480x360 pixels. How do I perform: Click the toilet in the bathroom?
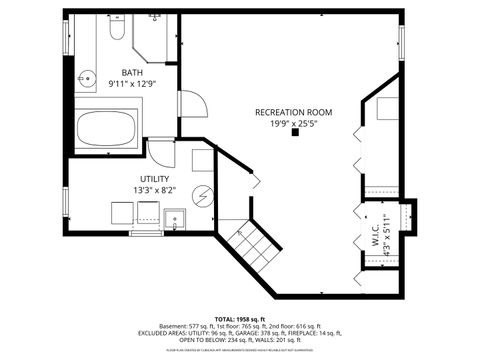pyautogui.click(x=114, y=32)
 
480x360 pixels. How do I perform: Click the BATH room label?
pyautogui.click(x=132, y=73)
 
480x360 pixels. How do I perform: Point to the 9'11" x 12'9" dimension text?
pyautogui.click(x=132, y=84)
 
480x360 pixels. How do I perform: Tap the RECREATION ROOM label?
pyautogui.click(x=293, y=112)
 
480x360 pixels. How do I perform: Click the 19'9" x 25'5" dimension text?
pyautogui.click(x=293, y=123)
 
